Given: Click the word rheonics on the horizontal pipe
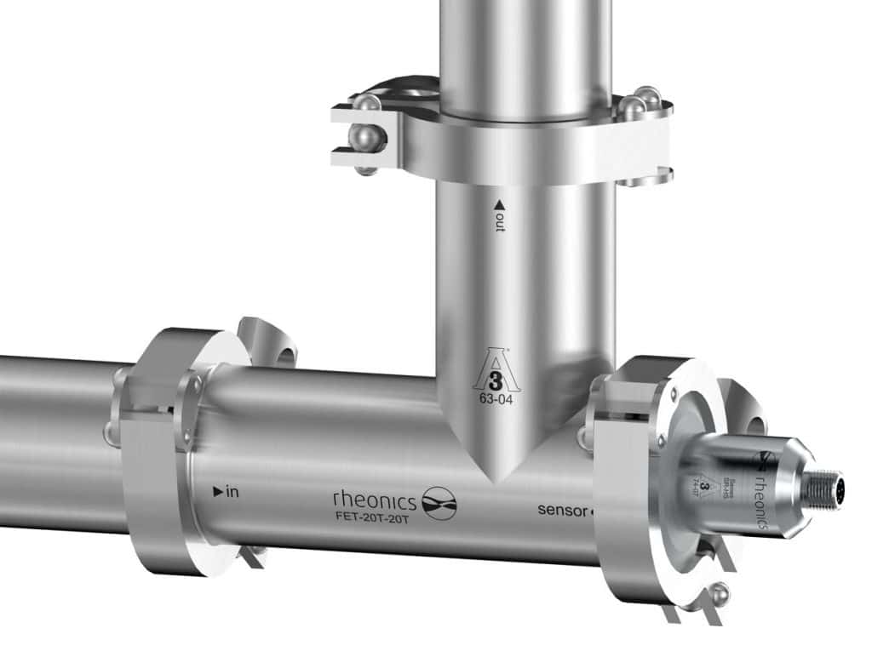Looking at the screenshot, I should (x=374, y=497).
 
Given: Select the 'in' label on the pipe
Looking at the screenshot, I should (x=230, y=492).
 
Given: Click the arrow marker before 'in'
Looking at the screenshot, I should (x=217, y=492).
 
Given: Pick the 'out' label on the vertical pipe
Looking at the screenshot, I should (x=499, y=222).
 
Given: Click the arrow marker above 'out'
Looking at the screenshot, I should (x=499, y=204).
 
